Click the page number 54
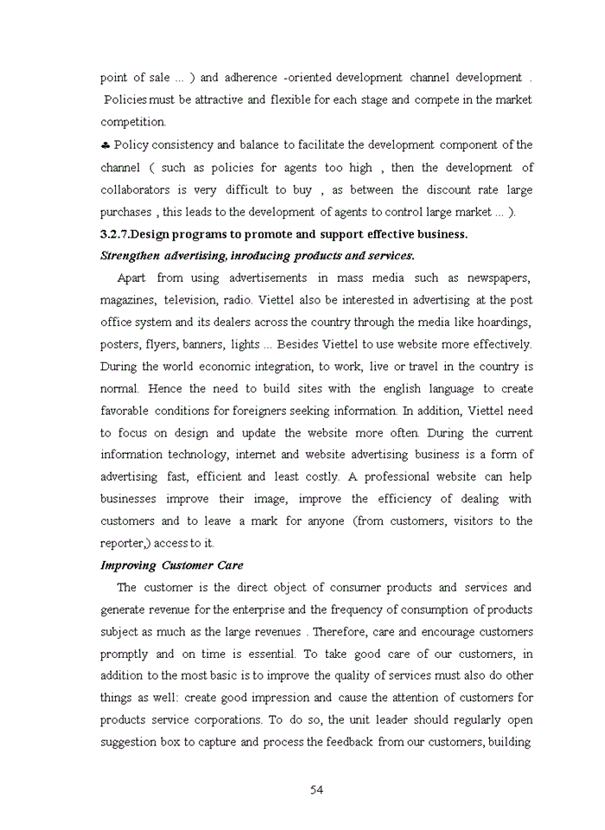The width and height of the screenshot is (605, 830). click(x=316, y=789)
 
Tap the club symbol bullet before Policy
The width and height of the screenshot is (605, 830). click(x=105, y=144)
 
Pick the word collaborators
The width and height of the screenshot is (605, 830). click(x=134, y=189)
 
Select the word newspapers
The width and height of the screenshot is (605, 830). click(x=498, y=278)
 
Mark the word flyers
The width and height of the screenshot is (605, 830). click(x=150, y=344)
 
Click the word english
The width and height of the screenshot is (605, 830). click(x=403, y=388)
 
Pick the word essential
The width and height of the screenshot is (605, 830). click(x=271, y=654)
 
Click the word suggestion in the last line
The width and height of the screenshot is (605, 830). click(x=130, y=742)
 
